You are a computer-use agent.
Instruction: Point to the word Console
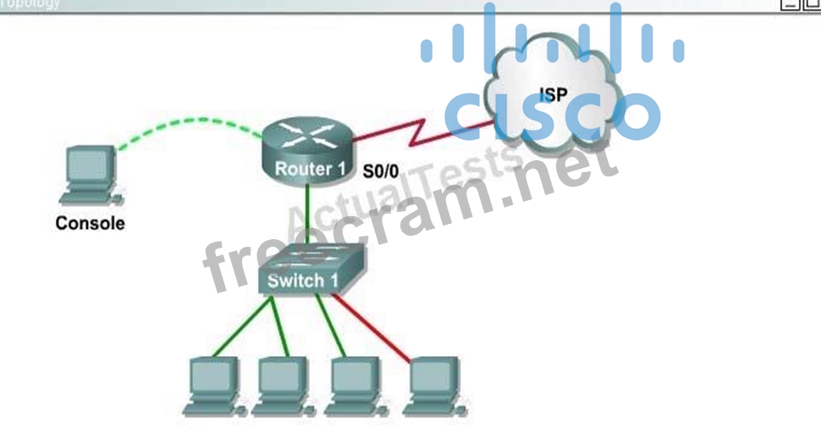coord(90,225)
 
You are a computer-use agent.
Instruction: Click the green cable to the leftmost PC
coord(242,327)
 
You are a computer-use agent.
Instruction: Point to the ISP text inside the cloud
coord(554,95)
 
